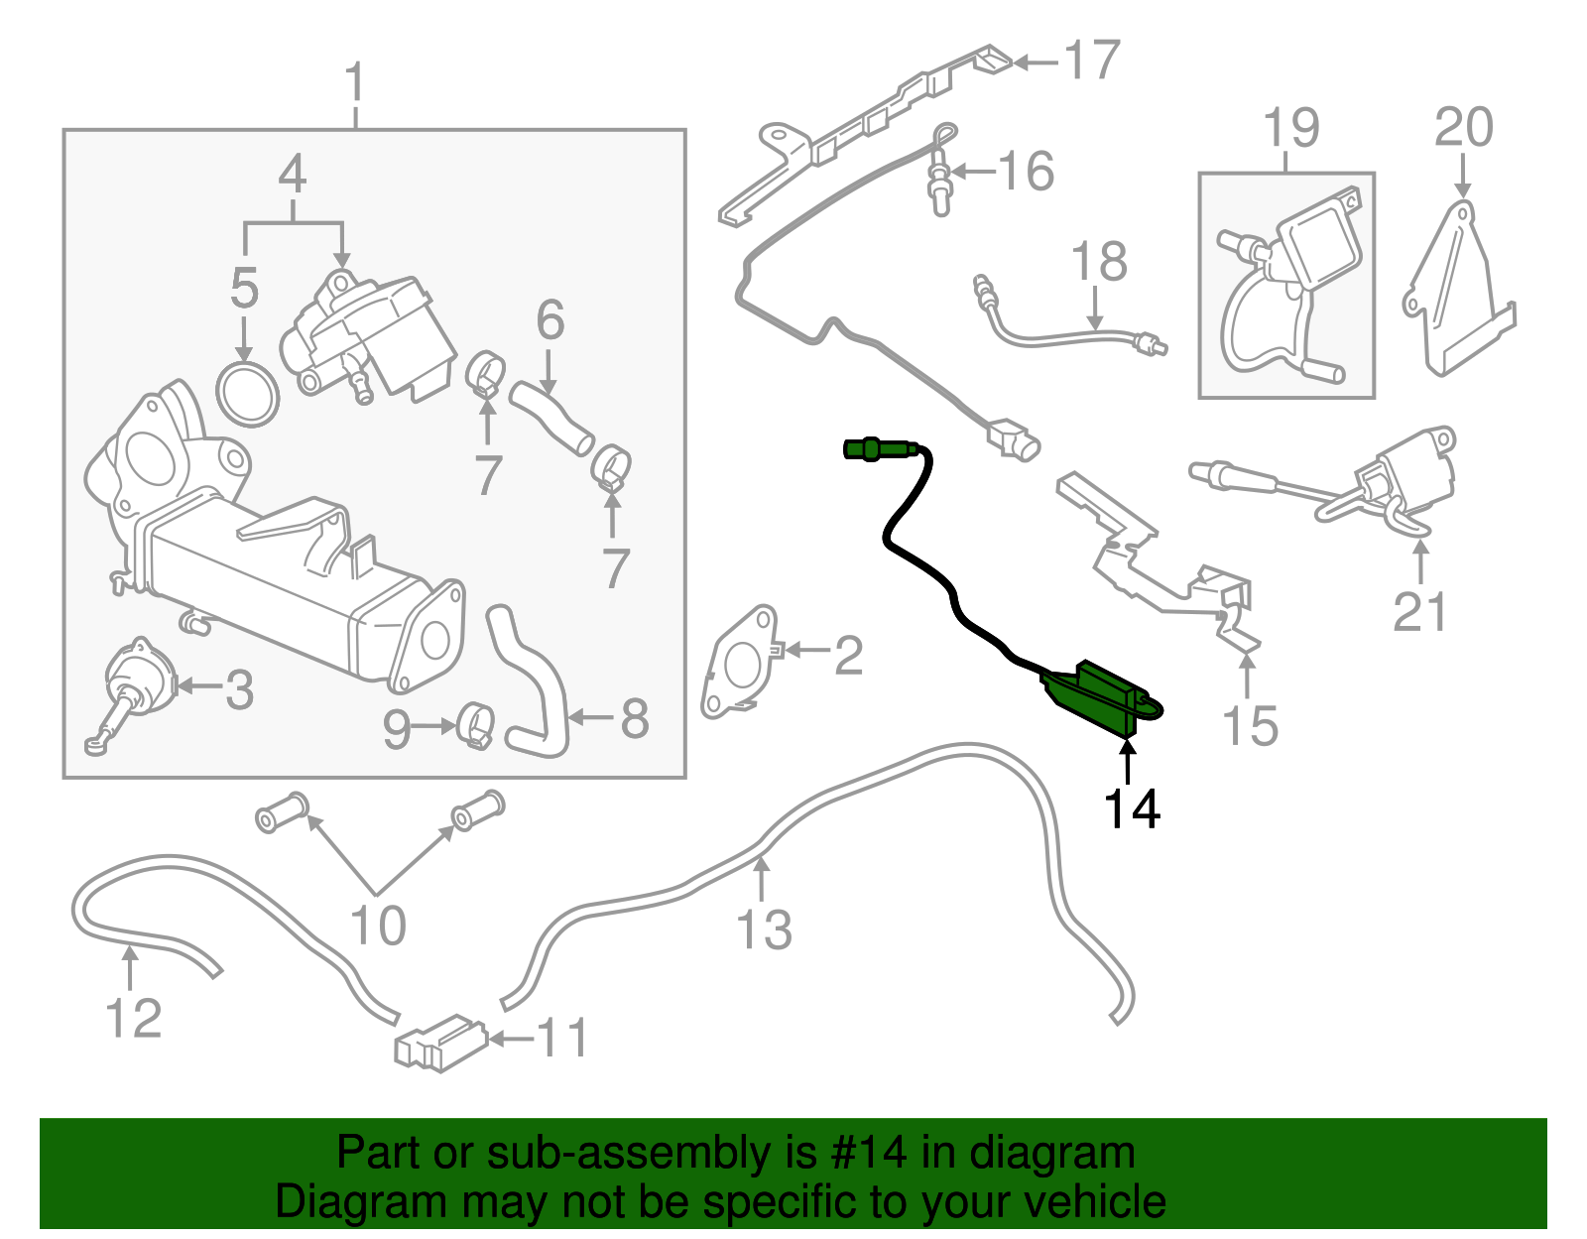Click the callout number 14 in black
[1132, 808]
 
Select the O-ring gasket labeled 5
[248, 395]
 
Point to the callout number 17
[1092, 61]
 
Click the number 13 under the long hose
[764, 929]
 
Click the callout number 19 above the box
[1291, 128]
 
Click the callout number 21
[1420, 612]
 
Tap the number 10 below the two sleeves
[378, 926]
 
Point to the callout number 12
[134, 1018]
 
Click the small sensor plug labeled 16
[939, 185]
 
